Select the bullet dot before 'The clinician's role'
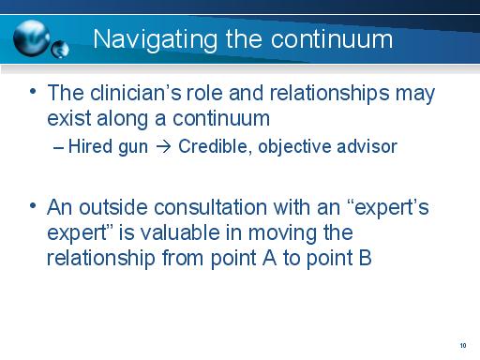click(x=34, y=92)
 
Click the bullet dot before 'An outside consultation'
click(x=34, y=207)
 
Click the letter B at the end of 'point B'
click(x=365, y=256)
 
